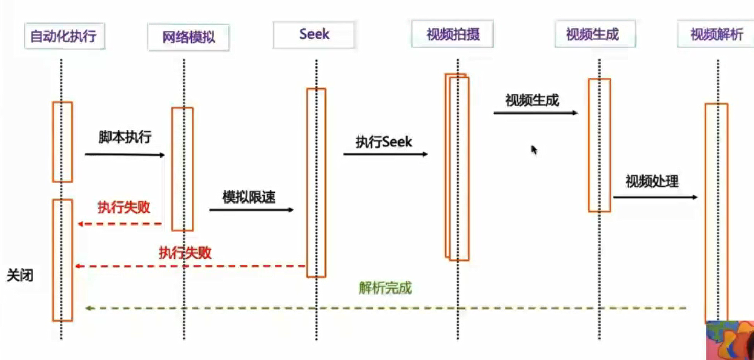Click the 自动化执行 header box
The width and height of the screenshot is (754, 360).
pos(64,36)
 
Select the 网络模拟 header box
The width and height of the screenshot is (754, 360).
pos(188,37)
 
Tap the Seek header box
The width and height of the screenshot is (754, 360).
pos(314,35)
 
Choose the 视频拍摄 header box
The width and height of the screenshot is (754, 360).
pos(452,34)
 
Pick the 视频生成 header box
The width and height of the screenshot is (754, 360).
pos(595,34)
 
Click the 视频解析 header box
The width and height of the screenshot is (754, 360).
pos(716,34)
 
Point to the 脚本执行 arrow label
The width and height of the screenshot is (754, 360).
pos(125,137)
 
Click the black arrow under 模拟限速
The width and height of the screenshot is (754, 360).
pos(252,210)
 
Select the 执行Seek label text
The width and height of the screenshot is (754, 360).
pos(384,142)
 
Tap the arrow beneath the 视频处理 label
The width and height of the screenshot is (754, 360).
pos(655,197)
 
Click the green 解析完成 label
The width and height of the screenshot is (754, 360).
pos(385,288)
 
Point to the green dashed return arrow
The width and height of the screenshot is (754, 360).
pos(386,308)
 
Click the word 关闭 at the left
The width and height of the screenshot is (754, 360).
pos(20,276)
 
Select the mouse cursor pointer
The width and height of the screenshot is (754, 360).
pos(534,150)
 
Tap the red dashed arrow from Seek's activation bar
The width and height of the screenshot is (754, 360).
pos(190,266)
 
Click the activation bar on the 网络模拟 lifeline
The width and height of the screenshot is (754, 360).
pos(183,169)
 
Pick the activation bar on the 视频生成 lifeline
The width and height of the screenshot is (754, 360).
pos(600,145)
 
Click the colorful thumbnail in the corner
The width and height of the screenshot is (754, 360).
pos(730,340)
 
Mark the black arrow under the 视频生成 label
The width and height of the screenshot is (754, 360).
pos(536,113)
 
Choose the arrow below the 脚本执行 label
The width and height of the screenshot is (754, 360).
pos(125,155)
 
